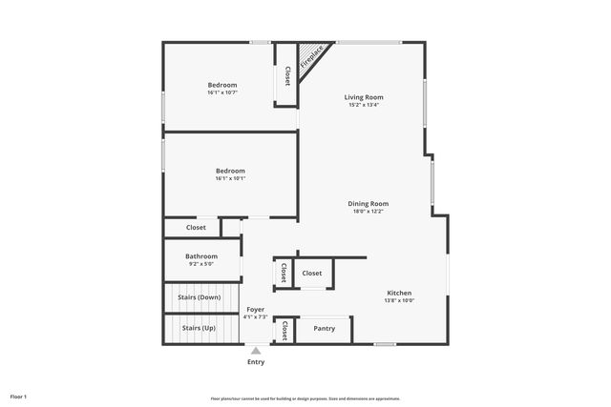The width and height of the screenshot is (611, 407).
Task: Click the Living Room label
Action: (x=364, y=97)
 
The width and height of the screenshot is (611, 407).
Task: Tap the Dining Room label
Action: (x=368, y=203)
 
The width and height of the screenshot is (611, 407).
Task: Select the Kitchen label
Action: (x=399, y=293)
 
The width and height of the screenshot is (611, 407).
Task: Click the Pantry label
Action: (x=325, y=329)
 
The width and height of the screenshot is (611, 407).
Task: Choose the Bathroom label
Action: (x=201, y=256)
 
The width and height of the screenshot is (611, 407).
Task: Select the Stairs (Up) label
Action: (x=199, y=329)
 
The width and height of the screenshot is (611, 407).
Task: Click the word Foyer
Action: (x=255, y=310)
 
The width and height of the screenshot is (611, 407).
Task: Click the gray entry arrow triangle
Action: (x=256, y=351)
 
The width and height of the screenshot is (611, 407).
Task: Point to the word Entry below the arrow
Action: (x=256, y=362)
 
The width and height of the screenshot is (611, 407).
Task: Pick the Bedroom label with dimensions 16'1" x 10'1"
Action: (x=230, y=171)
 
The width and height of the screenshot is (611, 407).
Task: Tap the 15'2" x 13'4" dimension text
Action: (x=364, y=106)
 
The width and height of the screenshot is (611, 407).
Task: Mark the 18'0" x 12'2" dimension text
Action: (x=368, y=212)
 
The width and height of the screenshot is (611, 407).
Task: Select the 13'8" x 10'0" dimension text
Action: (x=399, y=301)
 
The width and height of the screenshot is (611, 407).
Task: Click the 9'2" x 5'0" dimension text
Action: (x=201, y=264)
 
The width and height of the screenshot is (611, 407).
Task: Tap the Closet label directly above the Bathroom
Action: (x=196, y=228)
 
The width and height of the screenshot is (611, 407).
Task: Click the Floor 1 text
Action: (x=18, y=396)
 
